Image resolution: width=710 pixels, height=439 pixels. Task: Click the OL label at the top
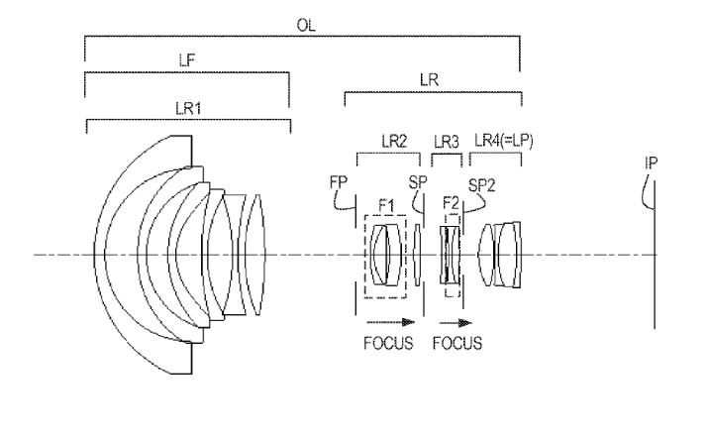point(306,26)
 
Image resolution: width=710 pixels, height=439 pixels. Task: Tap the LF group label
point(187,60)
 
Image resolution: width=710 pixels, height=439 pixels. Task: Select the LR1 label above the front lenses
point(188,108)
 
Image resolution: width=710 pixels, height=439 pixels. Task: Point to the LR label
point(429,80)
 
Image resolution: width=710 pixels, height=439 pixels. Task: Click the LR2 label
point(394,142)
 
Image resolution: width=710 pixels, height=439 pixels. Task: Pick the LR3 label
point(447,143)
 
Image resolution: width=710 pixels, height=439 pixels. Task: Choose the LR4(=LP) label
point(504,141)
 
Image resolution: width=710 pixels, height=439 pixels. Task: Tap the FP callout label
point(339,182)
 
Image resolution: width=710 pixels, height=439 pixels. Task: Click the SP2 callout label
point(481,185)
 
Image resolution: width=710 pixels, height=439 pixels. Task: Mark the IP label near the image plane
point(651,163)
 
